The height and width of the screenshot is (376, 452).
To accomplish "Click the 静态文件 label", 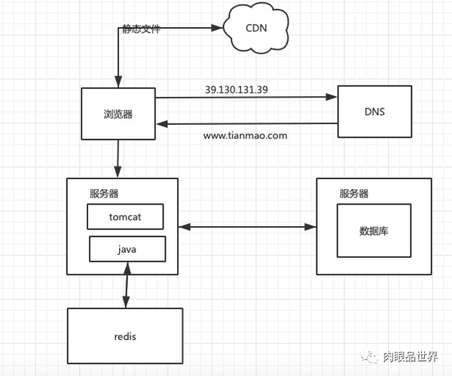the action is coord(142,29).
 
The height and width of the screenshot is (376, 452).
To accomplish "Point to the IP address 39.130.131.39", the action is coord(237,89).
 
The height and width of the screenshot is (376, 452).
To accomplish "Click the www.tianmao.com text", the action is coord(246,135).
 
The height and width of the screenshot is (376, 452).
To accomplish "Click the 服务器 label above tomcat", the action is coord(104,193).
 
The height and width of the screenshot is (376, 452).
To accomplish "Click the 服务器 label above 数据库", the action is coord(354,193).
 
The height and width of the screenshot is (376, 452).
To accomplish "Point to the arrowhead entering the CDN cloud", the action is coord(218,28).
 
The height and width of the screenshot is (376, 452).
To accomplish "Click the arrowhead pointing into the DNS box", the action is coord(331,97).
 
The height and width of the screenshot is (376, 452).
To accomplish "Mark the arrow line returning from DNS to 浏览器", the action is coord(247,124).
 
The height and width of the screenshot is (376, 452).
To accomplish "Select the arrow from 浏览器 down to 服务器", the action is coord(118,159).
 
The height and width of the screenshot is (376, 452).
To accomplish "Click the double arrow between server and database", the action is coord(247,227).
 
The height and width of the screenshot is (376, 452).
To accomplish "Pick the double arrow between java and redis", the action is coord(127,285).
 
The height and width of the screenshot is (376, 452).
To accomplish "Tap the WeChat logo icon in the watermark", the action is coord(368,357).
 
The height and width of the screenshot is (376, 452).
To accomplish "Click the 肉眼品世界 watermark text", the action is coord(411,357).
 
